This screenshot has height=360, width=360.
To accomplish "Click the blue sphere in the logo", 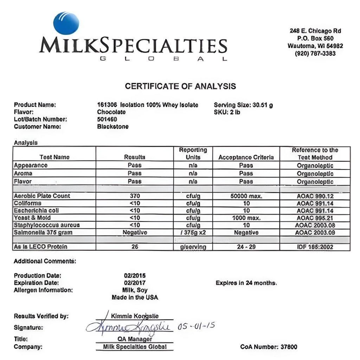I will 66,23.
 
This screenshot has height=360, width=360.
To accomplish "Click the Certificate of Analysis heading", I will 180,86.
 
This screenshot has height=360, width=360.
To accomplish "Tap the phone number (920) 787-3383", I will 315,53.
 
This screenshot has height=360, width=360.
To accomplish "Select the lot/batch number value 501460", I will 107,119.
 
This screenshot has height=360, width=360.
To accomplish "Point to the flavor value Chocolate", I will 111,112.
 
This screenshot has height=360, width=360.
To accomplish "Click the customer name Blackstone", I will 112,127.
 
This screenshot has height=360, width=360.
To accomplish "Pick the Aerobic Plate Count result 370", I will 135,196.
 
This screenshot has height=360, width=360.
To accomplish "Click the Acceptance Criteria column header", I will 246,157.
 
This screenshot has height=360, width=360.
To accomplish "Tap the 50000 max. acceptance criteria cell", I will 246,196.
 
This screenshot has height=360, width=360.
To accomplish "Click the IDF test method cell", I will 315,247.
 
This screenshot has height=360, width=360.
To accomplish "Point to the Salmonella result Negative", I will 135,232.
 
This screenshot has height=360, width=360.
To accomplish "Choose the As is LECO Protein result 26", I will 135,247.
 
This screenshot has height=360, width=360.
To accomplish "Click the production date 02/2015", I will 135,276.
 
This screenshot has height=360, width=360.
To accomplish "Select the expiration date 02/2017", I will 135,283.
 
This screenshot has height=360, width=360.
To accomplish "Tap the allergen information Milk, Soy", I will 135,290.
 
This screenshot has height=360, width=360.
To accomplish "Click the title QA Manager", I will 135,339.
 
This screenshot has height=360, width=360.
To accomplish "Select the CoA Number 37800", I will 269,347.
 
